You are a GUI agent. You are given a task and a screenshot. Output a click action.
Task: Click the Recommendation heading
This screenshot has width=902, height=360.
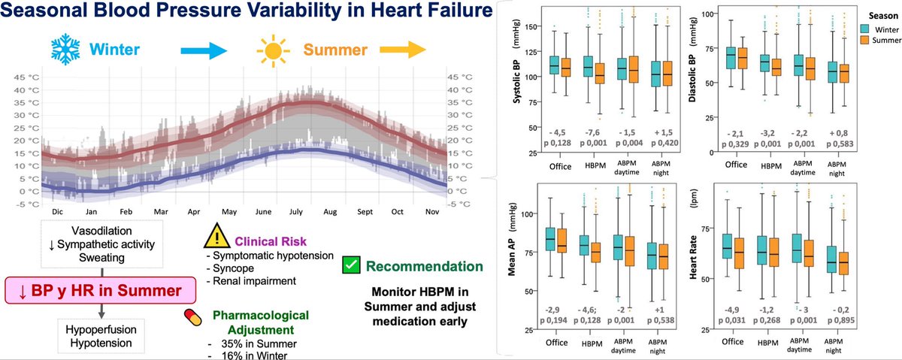(425, 266)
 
